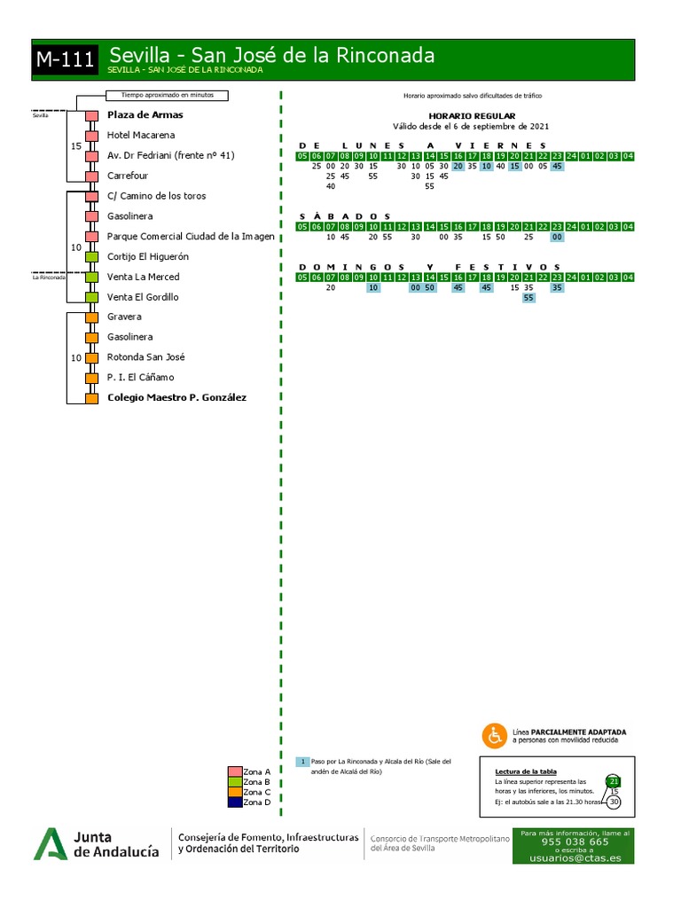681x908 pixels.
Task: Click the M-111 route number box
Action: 66,59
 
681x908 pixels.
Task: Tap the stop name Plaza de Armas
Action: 145,115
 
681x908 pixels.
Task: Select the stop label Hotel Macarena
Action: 140,136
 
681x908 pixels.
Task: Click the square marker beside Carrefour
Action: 91,176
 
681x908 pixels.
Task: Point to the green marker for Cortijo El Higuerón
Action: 91,257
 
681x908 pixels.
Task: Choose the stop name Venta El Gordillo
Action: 143,297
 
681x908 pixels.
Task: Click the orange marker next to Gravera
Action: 91,317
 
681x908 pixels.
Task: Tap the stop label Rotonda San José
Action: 146,357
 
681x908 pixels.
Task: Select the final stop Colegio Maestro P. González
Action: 176,398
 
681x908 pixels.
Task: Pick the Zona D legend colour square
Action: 234,802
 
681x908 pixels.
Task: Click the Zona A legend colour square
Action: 234,771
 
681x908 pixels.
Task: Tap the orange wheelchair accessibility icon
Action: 494,735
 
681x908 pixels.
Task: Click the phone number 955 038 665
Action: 575,841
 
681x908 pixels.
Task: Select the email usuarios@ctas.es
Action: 575,857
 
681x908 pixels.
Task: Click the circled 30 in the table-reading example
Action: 614,802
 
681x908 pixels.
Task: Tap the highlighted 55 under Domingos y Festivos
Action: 528,298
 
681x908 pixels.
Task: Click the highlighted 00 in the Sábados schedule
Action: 557,238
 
